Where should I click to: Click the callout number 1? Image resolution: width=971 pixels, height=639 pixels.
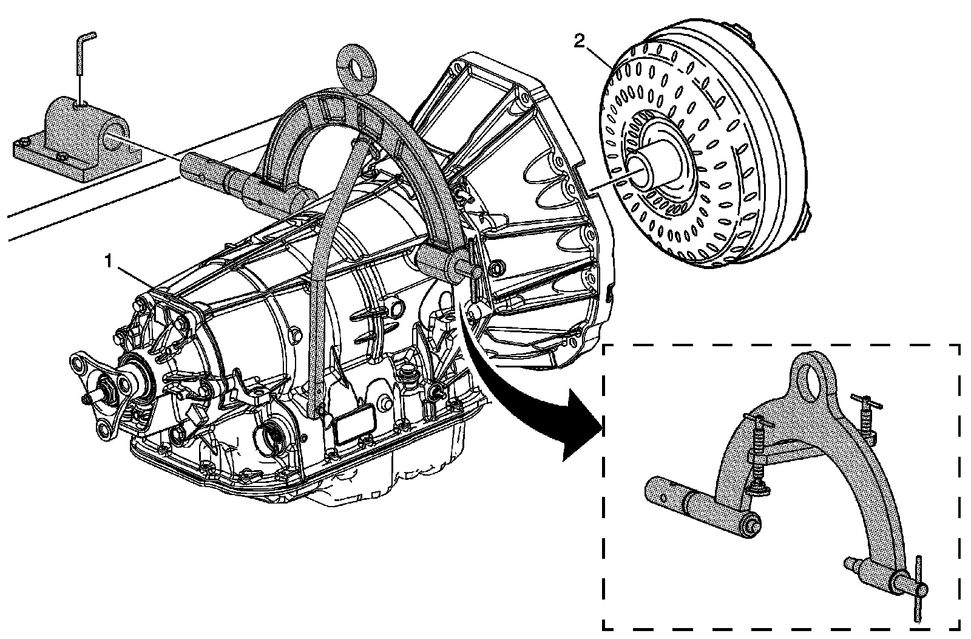pyautogui.click(x=109, y=261)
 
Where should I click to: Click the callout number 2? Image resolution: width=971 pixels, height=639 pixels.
pyautogui.click(x=580, y=41)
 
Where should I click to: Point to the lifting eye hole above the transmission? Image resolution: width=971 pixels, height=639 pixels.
pyautogui.click(x=364, y=67)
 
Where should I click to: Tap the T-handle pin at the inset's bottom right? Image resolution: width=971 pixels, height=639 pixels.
pyautogui.click(x=918, y=586)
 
